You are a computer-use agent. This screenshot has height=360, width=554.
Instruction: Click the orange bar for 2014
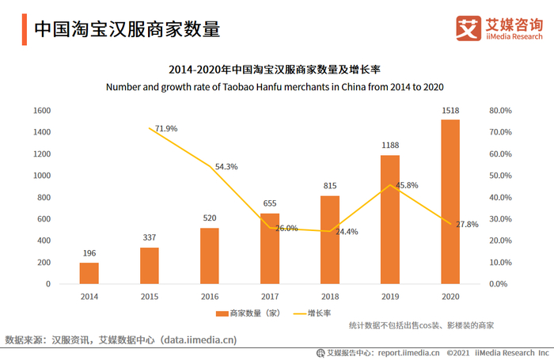point(89,273)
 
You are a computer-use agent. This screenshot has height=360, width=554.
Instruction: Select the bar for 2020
point(450,202)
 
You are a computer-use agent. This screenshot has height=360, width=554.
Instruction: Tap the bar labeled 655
point(270,248)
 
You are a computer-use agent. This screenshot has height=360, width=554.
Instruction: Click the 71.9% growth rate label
point(166,128)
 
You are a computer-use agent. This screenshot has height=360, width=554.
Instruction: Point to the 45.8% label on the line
point(407,185)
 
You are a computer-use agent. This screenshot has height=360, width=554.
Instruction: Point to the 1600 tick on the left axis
point(42,110)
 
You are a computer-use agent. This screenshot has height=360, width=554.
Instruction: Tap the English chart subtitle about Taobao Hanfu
point(275,86)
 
